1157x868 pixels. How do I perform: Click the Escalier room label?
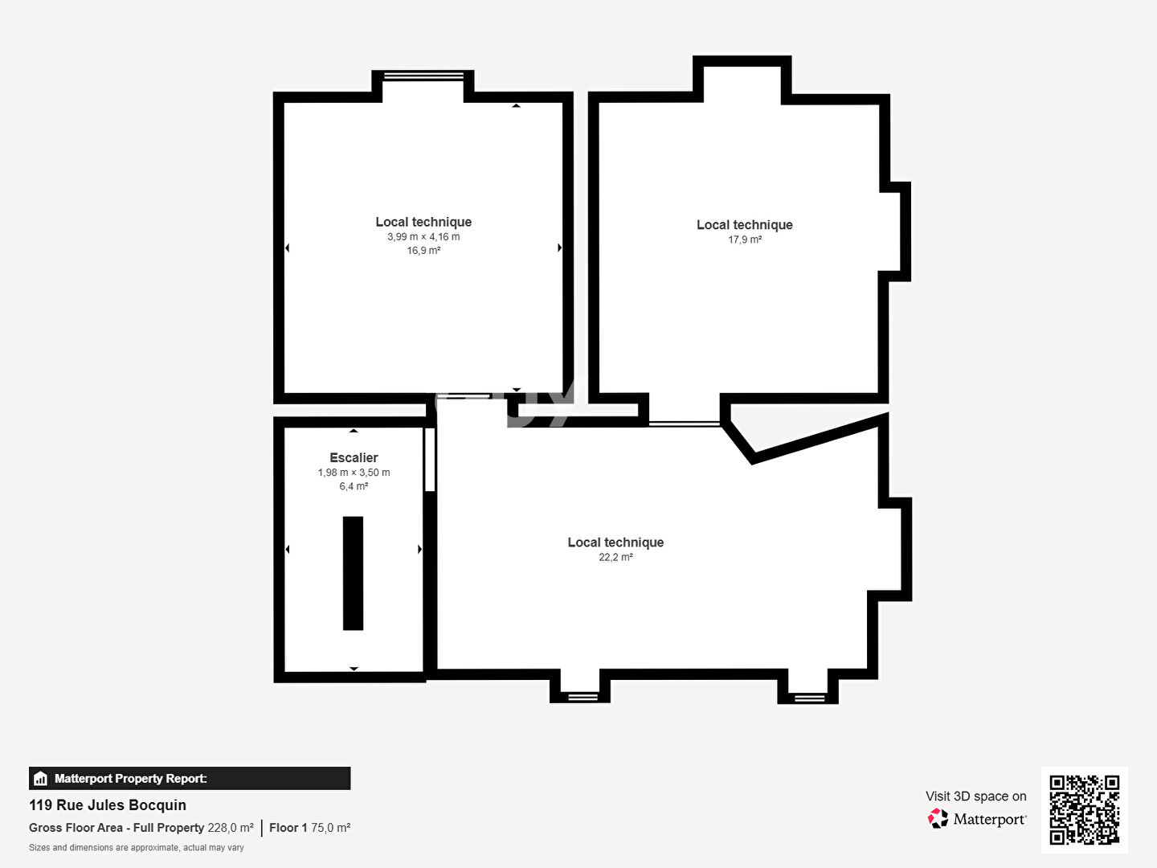pyautogui.click(x=354, y=458)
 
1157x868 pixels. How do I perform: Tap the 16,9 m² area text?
pyautogui.click(x=423, y=251)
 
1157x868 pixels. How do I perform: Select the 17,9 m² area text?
pyautogui.click(x=745, y=240)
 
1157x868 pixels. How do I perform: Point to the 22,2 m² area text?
pyautogui.click(x=615, y=557)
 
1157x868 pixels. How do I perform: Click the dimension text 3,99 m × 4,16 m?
pyautogui.click(x=423, y=237)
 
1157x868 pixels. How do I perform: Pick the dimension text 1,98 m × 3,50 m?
pyautogui.click(x=354, y=473)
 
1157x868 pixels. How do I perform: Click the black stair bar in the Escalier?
pyautogui.click(x=353, y=573)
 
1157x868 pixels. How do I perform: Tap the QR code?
pyautogui.click(x=1084, y=809)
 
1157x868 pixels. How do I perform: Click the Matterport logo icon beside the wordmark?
pyautogui.click(x=938, y=819)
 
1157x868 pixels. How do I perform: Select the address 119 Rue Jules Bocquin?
pyautogui.click(x=108, y=805)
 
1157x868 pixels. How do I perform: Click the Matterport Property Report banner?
pyautogui.click(x=190, y=778)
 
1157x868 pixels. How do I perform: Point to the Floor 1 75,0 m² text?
pyautogui.click(x=309, y=828)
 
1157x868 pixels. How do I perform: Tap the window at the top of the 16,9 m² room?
pyautogui.click(x=423, y=76)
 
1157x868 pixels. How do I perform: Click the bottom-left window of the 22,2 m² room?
pyautogui.click(x=583, y=696)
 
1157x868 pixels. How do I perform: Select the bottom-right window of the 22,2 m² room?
pyautogui.click(x=809, y=698)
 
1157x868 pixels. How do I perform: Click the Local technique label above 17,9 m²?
pyautogui.click(x=745, y=225)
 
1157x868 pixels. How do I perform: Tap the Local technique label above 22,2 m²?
pyautogui.click(x=615, y=542)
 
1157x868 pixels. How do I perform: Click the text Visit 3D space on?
pyautogui.click(x=975, y=796)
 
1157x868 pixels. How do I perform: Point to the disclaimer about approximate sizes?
pyautogui.click(x=137, y=848)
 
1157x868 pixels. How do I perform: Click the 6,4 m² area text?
pyautogui.click(x=354, y=486)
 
